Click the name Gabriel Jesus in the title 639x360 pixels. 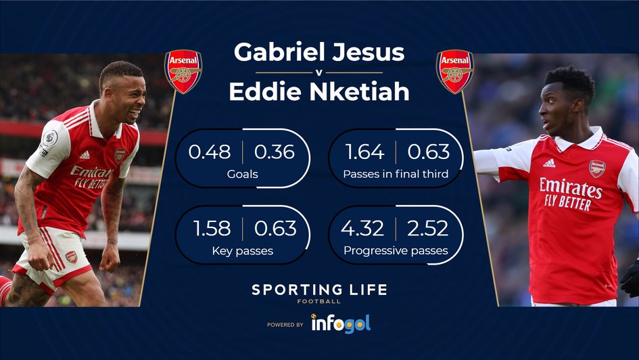pos(319,52)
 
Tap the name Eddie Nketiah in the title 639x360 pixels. pos(319,91)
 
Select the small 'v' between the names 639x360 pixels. pos(319,72)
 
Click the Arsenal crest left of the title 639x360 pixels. pos(183,70)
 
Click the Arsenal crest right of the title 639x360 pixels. pos(454,70)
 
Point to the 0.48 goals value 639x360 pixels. pos(210,152)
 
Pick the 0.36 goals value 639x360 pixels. pos(274,152)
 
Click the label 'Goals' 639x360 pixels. pos(242,175)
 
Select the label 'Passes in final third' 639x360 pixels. pos(396,175)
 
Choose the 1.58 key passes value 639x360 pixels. pos(210,229)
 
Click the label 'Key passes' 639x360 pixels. pos(242,251)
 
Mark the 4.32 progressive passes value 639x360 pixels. pos(362,229)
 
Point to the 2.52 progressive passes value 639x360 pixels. pos(427,229)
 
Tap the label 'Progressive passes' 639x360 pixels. pos(396,251)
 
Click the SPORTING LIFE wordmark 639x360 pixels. pos(319,290)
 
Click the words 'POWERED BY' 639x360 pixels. pos(285,325)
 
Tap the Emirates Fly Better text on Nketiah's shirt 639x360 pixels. pos(569,194)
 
